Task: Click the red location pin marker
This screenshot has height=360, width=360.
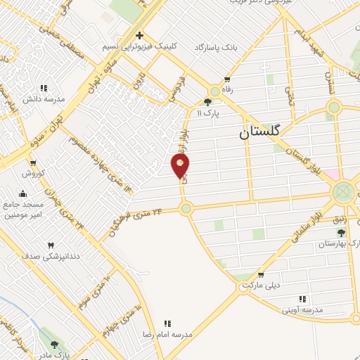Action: (181, 165)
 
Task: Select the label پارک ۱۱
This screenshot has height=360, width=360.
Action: (208, 112)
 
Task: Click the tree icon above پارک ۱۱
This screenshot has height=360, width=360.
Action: (207, 102)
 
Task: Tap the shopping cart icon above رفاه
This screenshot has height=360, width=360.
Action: (226, 79)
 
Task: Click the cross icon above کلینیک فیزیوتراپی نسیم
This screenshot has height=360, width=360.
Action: (139, 35)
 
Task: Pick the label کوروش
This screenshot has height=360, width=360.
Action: (32, 172)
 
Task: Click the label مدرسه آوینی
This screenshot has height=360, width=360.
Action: (303, 309)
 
